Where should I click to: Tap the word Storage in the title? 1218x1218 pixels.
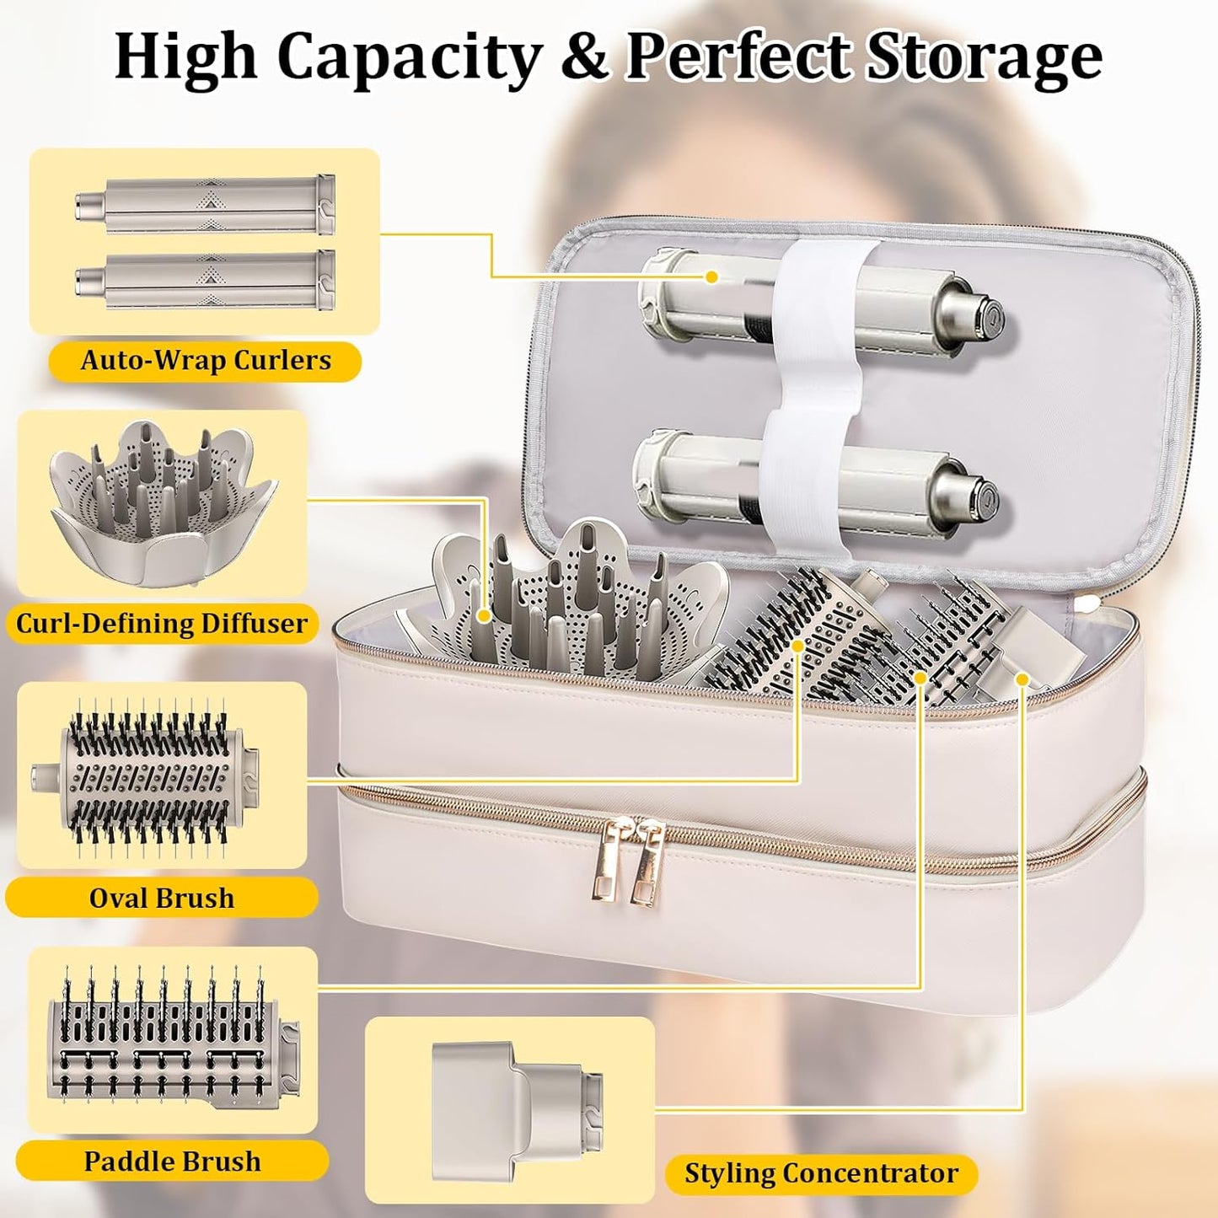coord(984,58)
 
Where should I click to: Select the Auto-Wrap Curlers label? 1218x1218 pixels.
coord(206,361)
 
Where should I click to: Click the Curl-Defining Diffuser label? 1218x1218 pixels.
coord(162,623)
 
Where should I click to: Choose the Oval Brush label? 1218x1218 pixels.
coord(162,898)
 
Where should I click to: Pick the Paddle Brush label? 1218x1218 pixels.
coord(173,1162)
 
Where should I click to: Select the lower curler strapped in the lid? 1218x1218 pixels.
coord(815,484)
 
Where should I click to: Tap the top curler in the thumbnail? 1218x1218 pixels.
coord(206,205)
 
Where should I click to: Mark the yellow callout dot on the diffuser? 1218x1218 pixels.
coord(484,615)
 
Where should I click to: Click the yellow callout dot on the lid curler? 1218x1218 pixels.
coord(712,276)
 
